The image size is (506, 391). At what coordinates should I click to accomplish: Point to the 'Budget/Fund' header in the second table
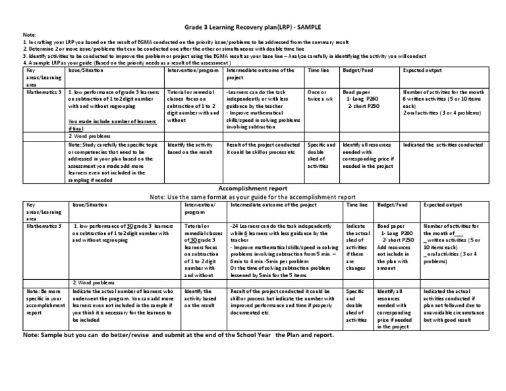391,205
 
